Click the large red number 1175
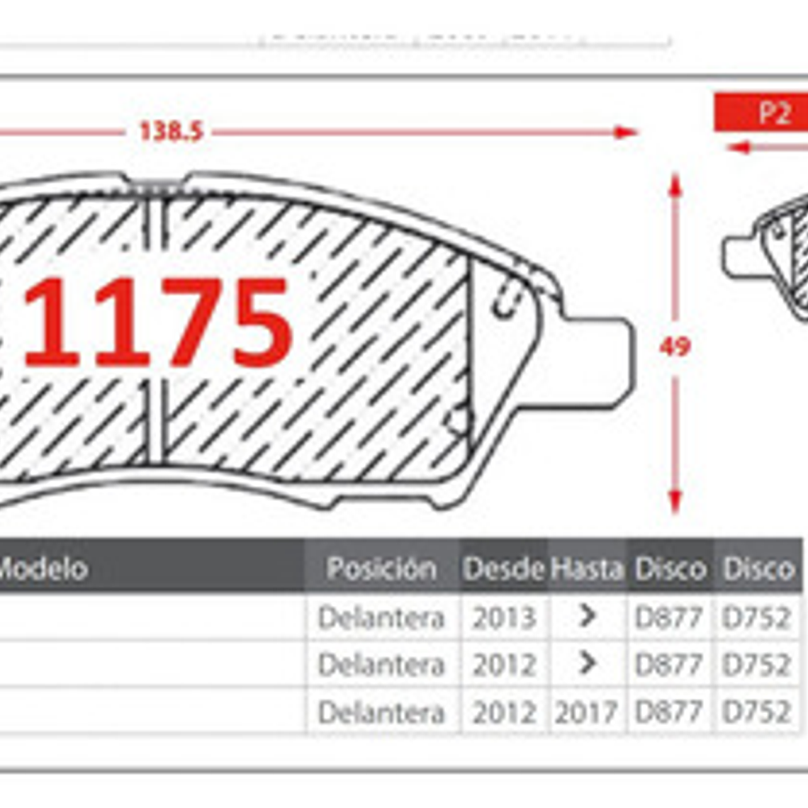(x=157, y=323)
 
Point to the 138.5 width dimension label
(x=171, y=131)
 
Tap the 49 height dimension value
(x=674, y=347)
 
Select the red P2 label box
(x=761, y=113)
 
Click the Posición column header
(x=381, y=568)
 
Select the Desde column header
(x=503, y=568)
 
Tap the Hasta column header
(x=587, y=568)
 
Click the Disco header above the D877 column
(x=670, y=568)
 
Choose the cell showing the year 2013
(x=503, y=618)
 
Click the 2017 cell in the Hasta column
(x=586, y=712)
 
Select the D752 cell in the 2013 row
(x=756, y=618)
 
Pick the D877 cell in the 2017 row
(x=668, y=712)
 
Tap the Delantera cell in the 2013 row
(x=381, y=618)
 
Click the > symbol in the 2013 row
(x=586, y=617)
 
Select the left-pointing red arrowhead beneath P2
(x=737, y=147)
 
